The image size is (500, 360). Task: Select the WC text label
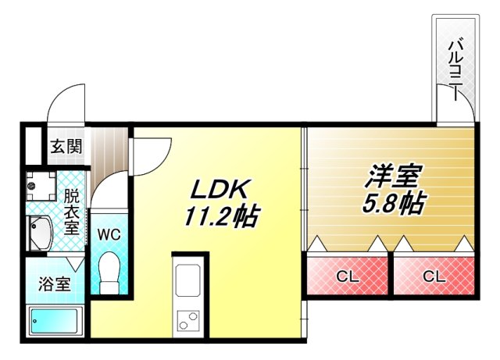[x=108, y=233]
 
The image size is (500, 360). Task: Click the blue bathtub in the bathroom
[x=55, y=321]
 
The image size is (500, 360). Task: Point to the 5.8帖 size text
[x=393, y=203]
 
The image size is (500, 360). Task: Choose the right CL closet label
[x=434, y=275]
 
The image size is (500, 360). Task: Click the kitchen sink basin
[x=189, y=281]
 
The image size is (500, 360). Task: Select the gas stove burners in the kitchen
[x=188, y=320]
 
